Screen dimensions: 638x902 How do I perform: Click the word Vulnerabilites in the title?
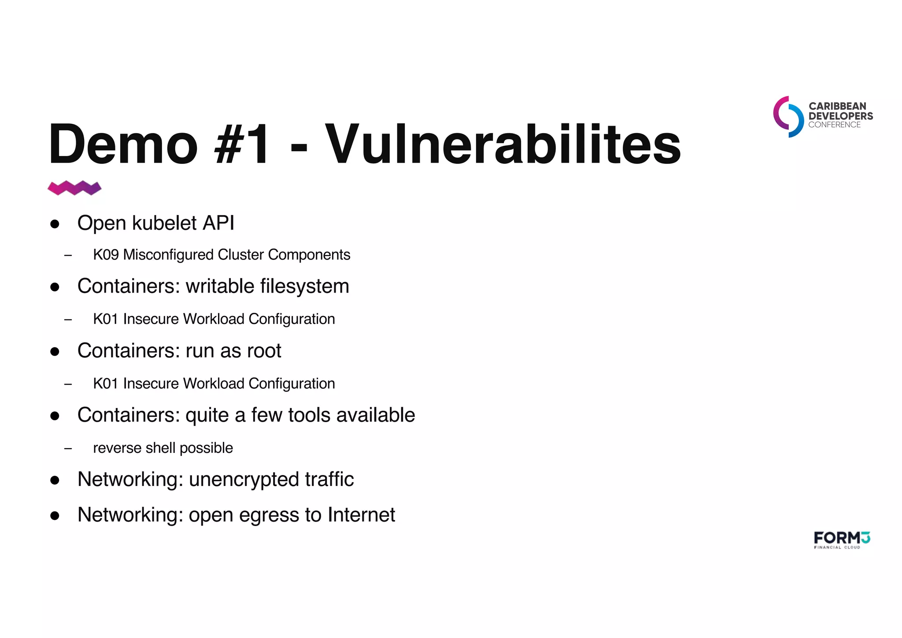coord(503,144)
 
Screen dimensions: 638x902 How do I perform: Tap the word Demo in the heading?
coord(123,144)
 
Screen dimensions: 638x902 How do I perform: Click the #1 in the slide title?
coord(241,144)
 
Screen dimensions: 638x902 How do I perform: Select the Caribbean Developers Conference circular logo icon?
coord(788,117)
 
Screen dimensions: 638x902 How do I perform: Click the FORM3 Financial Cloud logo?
coord(842,540)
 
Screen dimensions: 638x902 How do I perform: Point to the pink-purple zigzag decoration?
coord(74,188)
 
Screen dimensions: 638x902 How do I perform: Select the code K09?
coord(106,255)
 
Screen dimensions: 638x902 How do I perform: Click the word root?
coord(264,351)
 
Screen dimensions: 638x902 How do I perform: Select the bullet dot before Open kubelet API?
coord(55,224)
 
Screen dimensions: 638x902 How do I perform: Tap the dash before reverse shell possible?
coord(68,449)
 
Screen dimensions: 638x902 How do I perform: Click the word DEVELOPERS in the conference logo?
coord(840,116)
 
